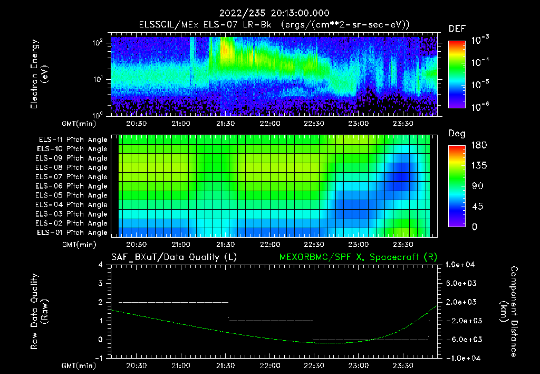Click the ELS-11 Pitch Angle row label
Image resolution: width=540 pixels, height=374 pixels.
[x=73, y=140]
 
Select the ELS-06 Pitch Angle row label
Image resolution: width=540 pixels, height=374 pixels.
[x=73, y=186]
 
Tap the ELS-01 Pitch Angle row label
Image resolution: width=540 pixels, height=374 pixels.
[x=73, y=232]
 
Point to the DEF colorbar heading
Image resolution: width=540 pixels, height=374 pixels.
[x=456, y=29]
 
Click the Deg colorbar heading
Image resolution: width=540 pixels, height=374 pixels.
[x=456, y=133]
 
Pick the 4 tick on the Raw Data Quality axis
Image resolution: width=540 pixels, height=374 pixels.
[x=101, y=265]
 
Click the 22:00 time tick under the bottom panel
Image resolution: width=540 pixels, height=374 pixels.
[x=270, y=366]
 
